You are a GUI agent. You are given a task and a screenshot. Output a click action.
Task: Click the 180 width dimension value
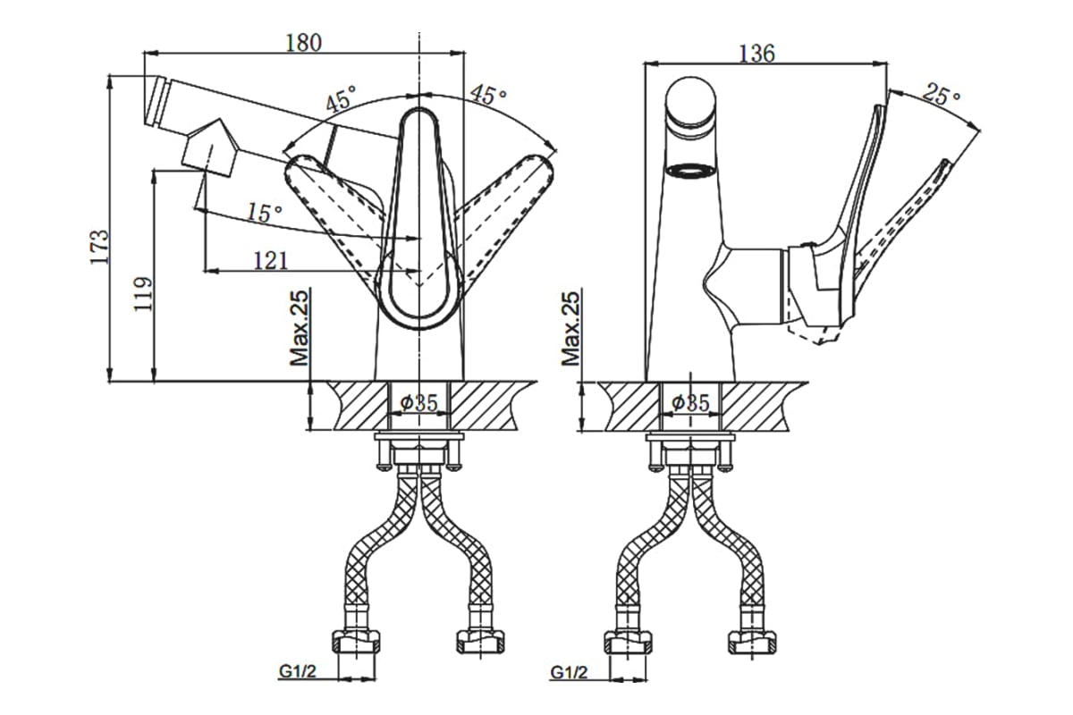tap(304, 43)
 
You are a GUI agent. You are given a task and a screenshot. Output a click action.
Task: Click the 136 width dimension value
tap(756, 53)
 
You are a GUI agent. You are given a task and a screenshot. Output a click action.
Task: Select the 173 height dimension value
tap(99, 247)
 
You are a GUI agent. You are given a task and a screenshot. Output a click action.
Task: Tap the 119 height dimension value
tap(143, 294)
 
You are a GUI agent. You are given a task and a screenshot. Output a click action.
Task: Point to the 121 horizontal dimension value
tap(271, 261)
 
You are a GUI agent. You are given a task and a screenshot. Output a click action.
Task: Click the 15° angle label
tap(265, 212)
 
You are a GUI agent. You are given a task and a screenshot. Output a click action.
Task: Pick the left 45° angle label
tap(341, 98)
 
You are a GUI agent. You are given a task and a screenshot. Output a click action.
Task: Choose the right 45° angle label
tap(487, 95)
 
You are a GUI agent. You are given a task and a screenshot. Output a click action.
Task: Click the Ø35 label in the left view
tap(419, 403)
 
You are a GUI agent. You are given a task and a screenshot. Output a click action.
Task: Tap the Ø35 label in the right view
tap(690, 403)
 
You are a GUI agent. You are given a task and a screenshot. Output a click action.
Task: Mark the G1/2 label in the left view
tap(298, 672)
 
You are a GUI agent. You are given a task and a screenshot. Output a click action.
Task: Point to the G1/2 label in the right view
tap(569, 672)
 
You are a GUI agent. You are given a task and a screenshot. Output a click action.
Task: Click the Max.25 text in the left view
tap(300, 328)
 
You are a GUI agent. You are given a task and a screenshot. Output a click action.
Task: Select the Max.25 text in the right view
tap(571, 329)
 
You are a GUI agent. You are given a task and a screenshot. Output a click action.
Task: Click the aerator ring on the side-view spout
tap(691, 171)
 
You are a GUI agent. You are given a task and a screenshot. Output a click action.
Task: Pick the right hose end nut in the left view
tap(481, 643)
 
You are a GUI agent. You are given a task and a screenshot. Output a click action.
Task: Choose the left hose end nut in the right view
tap(628, 643)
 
